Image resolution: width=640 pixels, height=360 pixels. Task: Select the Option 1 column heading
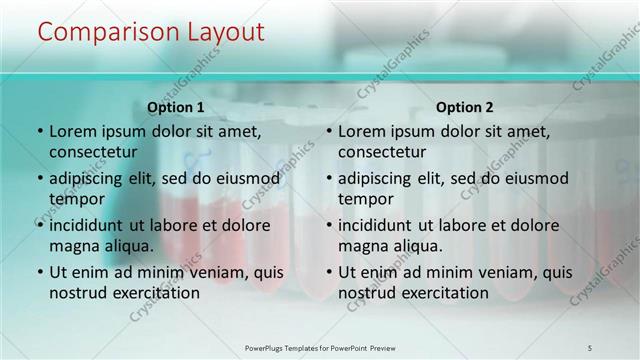176,107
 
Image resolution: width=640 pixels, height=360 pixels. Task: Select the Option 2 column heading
465,107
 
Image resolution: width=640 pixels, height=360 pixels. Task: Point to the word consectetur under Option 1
93,152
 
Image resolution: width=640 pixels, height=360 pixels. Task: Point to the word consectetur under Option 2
382,152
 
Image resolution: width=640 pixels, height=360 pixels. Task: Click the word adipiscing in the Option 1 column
90,179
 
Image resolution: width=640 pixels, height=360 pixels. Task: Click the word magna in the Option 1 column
73,245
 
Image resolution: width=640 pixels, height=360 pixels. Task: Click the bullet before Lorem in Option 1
39,132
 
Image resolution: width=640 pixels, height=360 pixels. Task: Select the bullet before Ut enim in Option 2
328,272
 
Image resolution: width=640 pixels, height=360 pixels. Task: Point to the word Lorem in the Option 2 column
362,131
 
